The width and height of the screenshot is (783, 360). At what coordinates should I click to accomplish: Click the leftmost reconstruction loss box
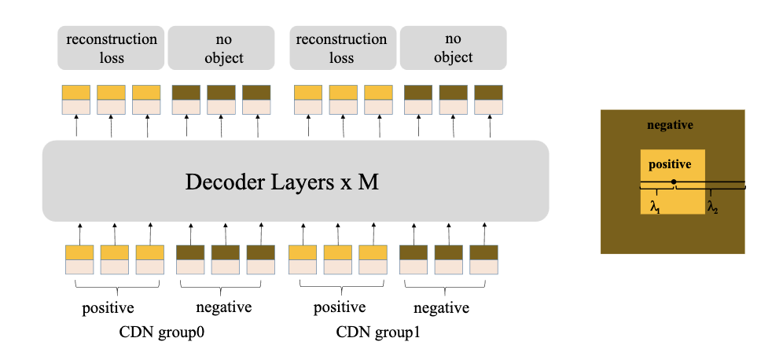pos(111,47)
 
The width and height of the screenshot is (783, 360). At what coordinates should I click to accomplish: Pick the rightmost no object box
pos(453,47)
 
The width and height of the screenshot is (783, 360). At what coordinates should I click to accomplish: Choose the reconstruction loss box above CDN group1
pos(344,47)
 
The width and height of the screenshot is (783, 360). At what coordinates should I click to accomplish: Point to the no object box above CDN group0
pos(221,47)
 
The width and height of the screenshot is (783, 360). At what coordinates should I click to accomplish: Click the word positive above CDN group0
pos(108,307)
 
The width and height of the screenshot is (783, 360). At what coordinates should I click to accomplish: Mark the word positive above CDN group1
pos(339,307)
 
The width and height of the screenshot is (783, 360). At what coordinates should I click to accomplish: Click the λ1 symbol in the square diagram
pos(654,208)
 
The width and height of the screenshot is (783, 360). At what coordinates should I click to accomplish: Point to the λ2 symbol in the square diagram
pos(711,208)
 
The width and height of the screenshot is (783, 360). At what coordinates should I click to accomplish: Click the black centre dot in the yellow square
pos(674,182)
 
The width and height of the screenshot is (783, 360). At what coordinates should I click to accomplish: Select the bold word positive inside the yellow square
pos(669,165)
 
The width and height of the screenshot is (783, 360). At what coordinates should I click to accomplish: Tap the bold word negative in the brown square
pos(669,126)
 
